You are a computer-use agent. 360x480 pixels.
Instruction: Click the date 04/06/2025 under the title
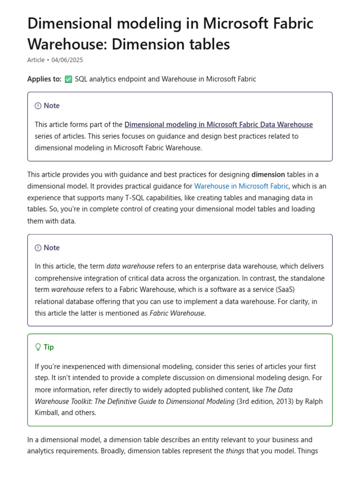pos(67,60)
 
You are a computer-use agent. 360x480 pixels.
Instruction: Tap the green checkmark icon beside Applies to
pos(68,79)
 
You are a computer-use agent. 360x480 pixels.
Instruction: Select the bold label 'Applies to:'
pos(44,79)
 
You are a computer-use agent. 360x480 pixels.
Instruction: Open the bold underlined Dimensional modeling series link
pos(218,125)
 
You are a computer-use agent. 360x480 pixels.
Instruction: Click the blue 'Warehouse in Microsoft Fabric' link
pos(241,186)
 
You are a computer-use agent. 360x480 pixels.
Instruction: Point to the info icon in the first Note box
pos(38,106)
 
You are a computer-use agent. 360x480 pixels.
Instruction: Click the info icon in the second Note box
pos(38,248)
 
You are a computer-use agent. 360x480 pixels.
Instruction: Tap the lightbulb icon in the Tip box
pos(38,347)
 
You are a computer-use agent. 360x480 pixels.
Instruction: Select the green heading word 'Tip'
pos(49,347)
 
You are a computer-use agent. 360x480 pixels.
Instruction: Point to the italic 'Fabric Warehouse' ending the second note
pos(177,313)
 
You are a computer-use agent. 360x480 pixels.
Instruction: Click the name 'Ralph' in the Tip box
pos(313,401)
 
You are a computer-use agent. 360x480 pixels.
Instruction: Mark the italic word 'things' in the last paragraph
pos(235,451)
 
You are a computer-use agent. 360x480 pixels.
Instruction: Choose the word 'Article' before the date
pos(36,60)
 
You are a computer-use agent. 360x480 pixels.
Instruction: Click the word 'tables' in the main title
pos(210,44)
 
